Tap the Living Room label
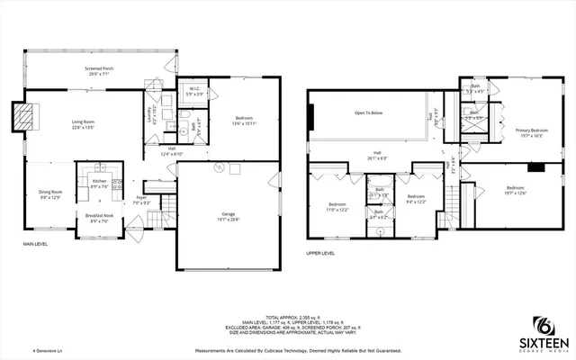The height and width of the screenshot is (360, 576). pos(83,125)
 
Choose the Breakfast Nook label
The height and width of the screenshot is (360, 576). pos(99,218)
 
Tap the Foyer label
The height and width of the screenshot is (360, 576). pos(141,200)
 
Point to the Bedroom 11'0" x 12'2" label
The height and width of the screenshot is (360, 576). pos(337,207)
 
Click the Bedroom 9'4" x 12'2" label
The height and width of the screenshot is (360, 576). pos(415,199)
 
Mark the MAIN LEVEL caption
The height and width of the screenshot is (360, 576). pos(37,245)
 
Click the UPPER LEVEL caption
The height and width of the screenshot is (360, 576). pos(320,254)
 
